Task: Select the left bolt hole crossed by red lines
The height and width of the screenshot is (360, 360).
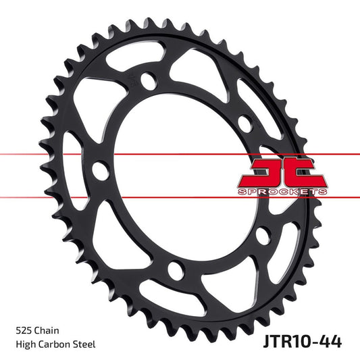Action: click(100, 169)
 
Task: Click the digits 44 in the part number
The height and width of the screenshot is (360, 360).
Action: click(329, 340)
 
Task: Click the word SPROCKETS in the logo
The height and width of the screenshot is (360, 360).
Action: click(283, 192)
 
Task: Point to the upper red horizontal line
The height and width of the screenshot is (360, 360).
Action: click(41, 155)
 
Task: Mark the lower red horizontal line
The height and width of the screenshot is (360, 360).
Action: click(41, 198)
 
